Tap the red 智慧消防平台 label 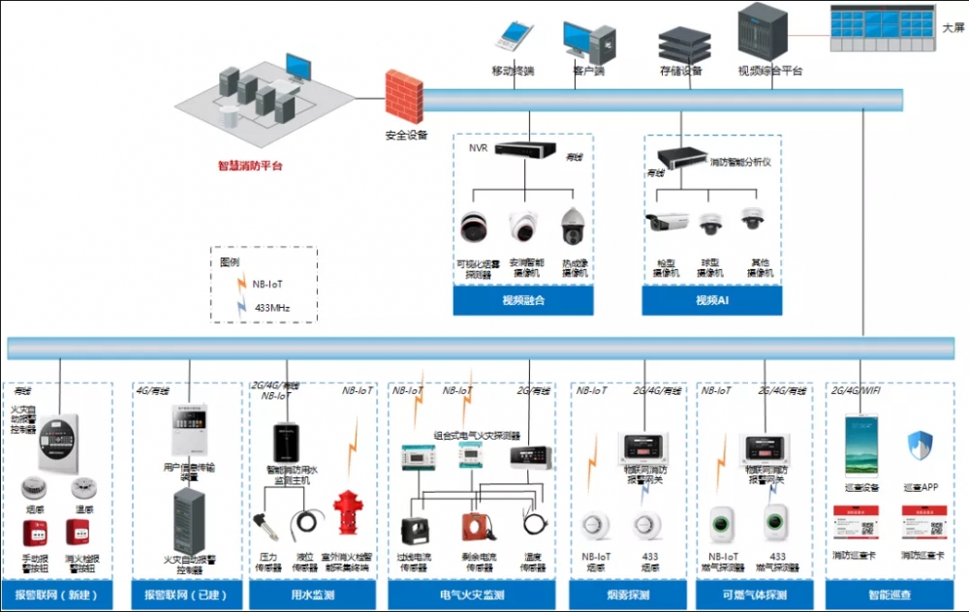click(x=250, y=166)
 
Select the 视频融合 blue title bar click(x=523, y=301)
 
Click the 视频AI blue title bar click(x=712, y=301)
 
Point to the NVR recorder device click(x=525, y=150)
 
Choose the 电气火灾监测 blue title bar click(x=472, y=595)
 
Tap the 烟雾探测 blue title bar click(x=628, y=595)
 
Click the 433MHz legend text click(x=271, y=308)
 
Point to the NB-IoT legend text click(x=268, y=285)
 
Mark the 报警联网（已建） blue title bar click(x=183, y=595)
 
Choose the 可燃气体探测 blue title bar click(x=755, y=595)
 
